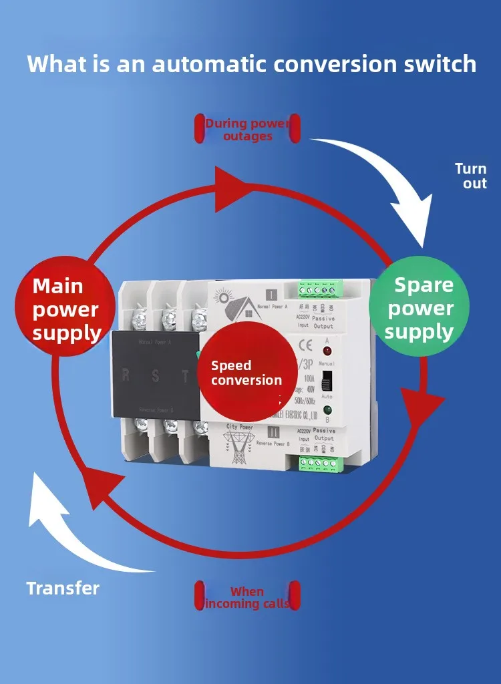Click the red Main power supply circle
tap(67, 309)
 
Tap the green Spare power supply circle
tap(420, 308)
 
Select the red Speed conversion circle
tap(246, 373)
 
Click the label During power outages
tap(248, 130)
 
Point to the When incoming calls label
tap(247, 597)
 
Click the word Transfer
tap(63, 588)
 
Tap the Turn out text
tap(471, 176)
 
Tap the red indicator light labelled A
tap(327, 351)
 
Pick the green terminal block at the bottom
tap(319, 463)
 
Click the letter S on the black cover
tap(155, 375)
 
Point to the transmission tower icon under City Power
tap(238, 446)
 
